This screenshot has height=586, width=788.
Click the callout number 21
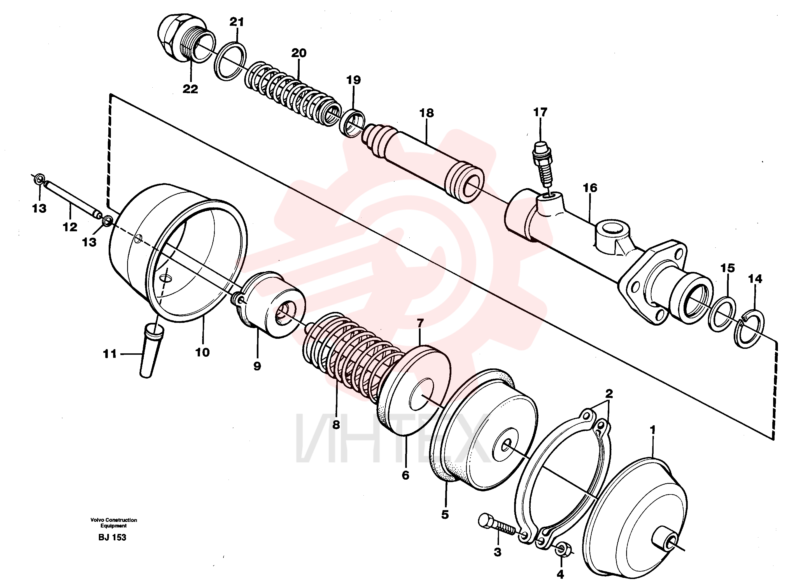point(237,22)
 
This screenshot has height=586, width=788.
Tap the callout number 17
point(540,113)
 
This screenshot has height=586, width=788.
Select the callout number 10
point(202,352)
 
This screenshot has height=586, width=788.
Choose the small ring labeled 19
point(352,124)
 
